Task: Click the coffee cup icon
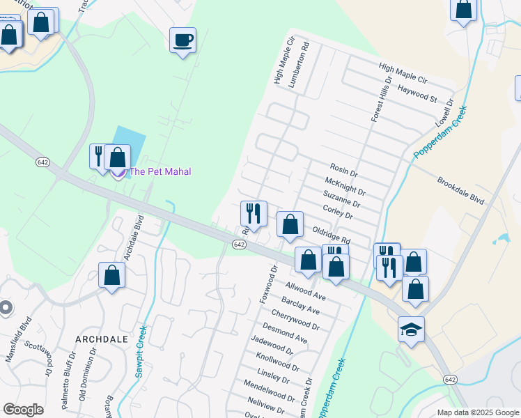point(182,40)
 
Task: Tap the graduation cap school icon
point(411,330)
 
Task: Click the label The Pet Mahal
point(160,171)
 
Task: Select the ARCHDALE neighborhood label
point(102,339)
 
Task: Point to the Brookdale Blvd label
point(460,190)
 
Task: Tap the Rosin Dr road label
point(343,171)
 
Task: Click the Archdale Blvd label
point(133,238)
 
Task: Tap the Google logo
point(23,410)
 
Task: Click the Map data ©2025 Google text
point(478,412)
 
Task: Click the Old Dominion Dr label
point(87,380)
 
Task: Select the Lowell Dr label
point(445,111)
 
